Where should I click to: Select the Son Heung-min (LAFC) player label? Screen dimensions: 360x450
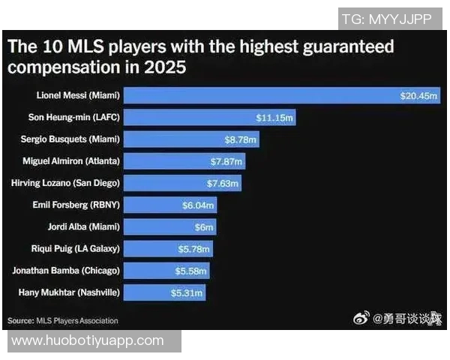coord(78,118)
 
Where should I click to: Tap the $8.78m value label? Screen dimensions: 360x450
coord(241,139)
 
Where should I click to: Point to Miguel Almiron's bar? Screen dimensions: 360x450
coord(184,161)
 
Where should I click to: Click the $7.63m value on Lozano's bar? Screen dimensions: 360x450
coord(223,183)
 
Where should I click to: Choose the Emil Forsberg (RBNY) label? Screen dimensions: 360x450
coord(76,205)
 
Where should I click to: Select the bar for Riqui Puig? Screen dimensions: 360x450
coord(168,248)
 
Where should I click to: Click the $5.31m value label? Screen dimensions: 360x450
coord(187,292)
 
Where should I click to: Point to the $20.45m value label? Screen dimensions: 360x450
coord(418,95)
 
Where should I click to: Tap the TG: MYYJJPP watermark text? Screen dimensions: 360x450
coord(386,19)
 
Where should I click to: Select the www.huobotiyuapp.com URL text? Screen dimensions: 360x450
coord(88,341)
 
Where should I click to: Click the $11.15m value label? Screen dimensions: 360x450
coord(275,118)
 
